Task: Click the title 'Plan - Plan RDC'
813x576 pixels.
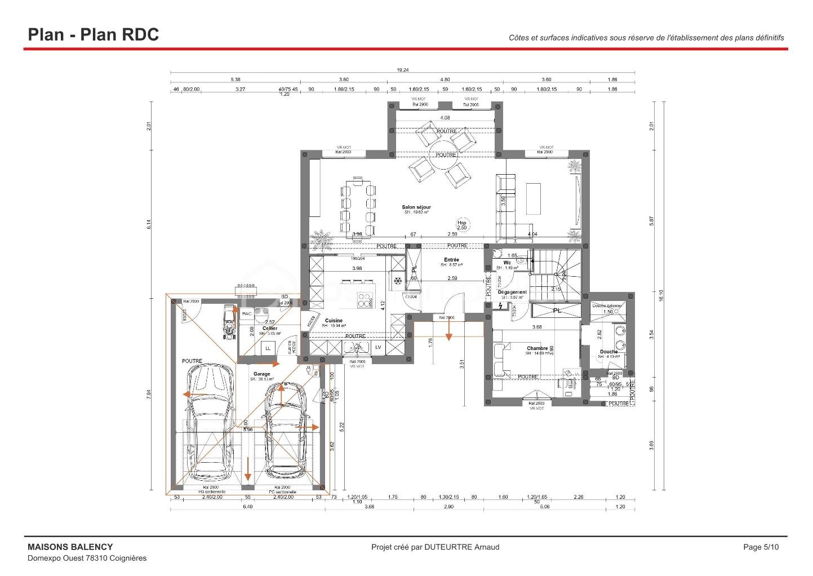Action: pos(94,34)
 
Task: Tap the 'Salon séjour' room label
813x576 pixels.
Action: pos(416,207)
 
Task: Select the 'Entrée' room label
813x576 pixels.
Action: pos(451,260)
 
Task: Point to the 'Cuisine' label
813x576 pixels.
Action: pos(334,321)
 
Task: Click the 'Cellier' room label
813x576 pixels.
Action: pos(270,329)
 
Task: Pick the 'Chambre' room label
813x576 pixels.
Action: pos(537,348)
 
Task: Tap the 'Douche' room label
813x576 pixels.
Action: pos(608,352)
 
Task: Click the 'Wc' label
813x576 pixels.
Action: pos(507,263)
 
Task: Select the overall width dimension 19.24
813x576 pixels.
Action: pos(402,70)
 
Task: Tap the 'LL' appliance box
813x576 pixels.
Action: pos(268,349)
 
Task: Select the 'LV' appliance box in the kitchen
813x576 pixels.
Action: pos(378,348)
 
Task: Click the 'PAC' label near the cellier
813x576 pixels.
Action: pos(247,314)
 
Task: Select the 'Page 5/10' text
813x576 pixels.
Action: pos(761,547)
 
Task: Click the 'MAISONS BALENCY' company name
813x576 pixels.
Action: pos(70,547)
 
